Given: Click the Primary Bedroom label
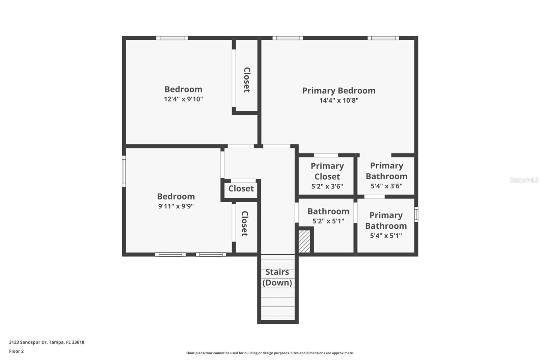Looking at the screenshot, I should (x=339, y=91).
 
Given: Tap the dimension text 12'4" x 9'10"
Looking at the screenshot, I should (x=183, y=99).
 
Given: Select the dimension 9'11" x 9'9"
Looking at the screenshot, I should (x=176, y=206).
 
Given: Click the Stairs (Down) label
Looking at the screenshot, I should (x=277, y=277).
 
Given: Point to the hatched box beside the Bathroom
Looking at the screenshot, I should (x=304, y=241).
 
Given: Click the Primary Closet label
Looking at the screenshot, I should (x=327, y=171).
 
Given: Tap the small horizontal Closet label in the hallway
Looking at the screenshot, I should (x=241, y=188).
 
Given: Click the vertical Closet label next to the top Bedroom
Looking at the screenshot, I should (x=247, y=80).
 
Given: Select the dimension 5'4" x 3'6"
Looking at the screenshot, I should (x=386, y=186).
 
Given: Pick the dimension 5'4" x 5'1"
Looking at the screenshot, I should (x=386, y=236).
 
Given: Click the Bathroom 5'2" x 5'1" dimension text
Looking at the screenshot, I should (x=328, y=221).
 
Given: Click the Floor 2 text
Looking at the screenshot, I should (x=16, y=351).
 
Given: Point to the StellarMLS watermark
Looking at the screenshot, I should (x=524, y=180).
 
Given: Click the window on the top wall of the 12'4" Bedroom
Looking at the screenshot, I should (x=172, y=38).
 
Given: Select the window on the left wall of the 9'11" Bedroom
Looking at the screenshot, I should (x=124, y=171).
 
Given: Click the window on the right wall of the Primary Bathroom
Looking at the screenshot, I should (x=416, y=214).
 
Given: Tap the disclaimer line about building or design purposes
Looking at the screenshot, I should (x=270, y=353).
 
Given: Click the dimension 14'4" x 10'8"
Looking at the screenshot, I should (x=339, y=100).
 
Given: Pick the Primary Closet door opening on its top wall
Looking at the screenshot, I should (x=326, y=155).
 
